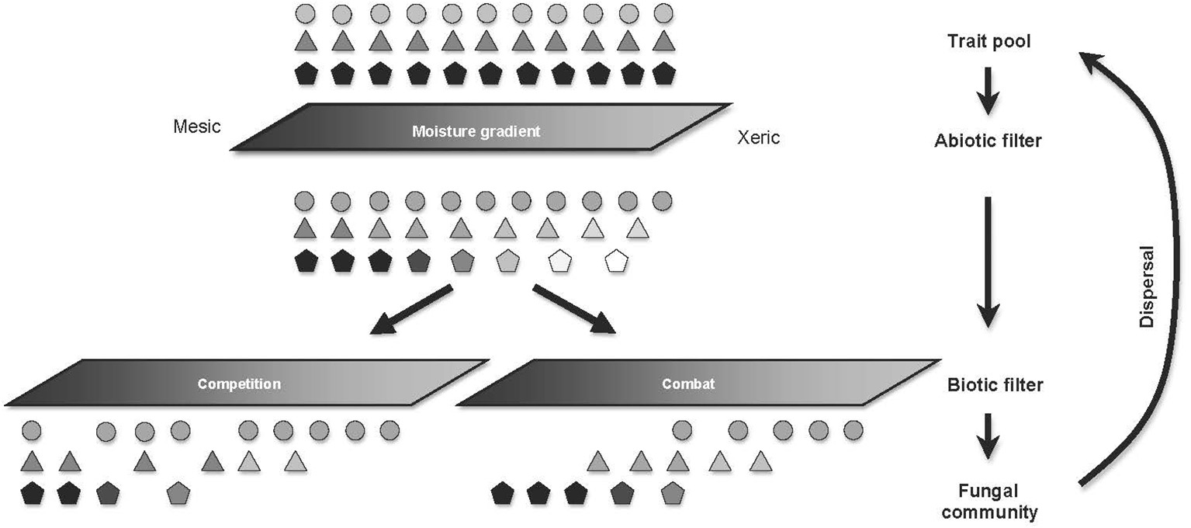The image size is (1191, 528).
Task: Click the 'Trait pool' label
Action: [988, 42]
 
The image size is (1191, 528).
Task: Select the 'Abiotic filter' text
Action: [988, 141]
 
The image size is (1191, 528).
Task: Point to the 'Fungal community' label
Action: [988, 502]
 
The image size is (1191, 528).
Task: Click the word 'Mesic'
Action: [197, 125]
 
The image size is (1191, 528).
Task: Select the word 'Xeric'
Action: [758, 138]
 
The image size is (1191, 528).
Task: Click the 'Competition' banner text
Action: [239, 384]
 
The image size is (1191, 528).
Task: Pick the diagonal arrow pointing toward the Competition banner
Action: [410, 310]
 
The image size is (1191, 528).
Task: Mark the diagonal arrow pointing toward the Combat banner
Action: [574, 310]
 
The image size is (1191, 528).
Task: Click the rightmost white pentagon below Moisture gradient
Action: [616, 261]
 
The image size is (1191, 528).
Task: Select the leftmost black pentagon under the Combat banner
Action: [503, 493]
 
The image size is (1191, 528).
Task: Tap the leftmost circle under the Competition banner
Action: [32, 430]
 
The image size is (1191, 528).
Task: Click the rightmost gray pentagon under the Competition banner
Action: [178, 493]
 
